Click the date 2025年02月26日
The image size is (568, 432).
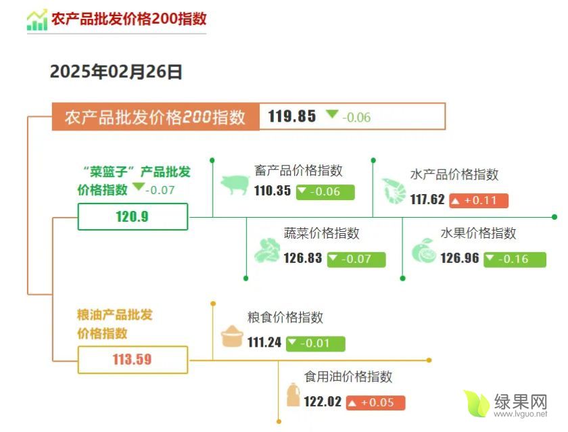coord(116,72)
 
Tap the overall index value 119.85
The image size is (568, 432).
coord(292,116)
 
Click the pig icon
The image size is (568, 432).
coord(235,185)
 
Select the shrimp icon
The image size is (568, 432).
coord(394,191)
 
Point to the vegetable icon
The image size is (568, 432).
coord(267,250)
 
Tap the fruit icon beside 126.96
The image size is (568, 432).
coord(423,250)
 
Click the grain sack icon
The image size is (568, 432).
coord(232,336)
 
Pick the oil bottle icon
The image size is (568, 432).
coord(293,394)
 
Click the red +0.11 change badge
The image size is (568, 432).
coord(479,201)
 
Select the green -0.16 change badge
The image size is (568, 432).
coord(515,260)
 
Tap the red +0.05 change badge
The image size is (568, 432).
coord(376,403)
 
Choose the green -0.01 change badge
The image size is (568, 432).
coord(316,343)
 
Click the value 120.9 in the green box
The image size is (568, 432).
coord(133,216)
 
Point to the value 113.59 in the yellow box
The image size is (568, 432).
coord(133,359)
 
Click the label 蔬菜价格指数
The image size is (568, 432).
coord(322,233)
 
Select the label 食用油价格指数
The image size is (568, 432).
coord(348,377)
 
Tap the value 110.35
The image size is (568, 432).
coord(273,191)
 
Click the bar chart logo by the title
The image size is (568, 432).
coord(37,20)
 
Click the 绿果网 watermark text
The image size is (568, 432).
coord(521,402)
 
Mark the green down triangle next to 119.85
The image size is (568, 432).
coord(332,114)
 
